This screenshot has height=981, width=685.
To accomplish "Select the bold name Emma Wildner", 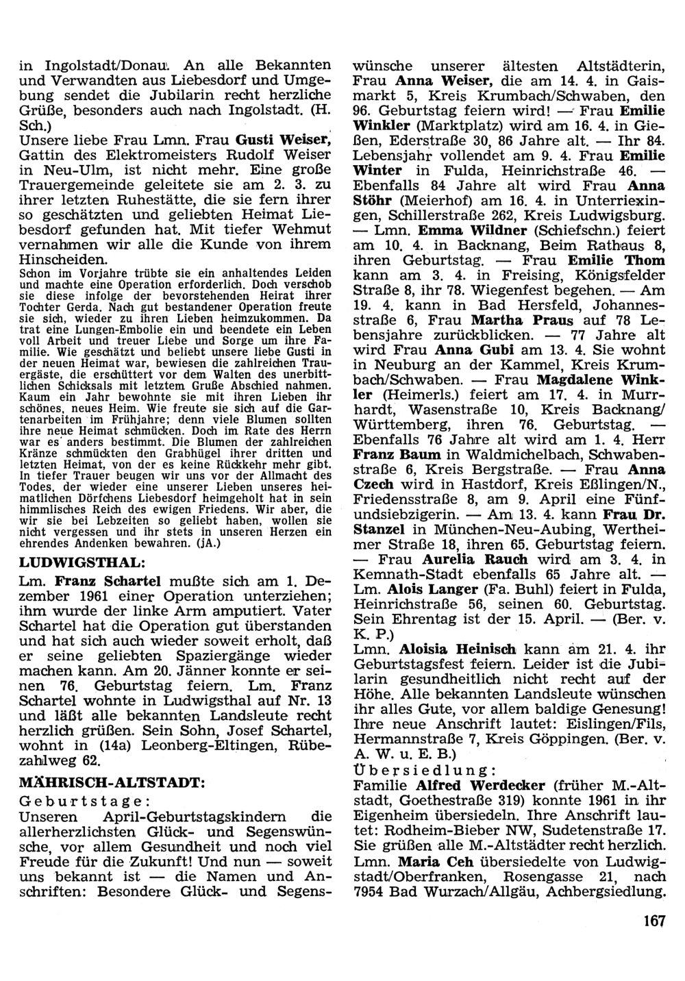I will click(x=468, y=230).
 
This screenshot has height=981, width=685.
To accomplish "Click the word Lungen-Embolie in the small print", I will click(x=92, y=330).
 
